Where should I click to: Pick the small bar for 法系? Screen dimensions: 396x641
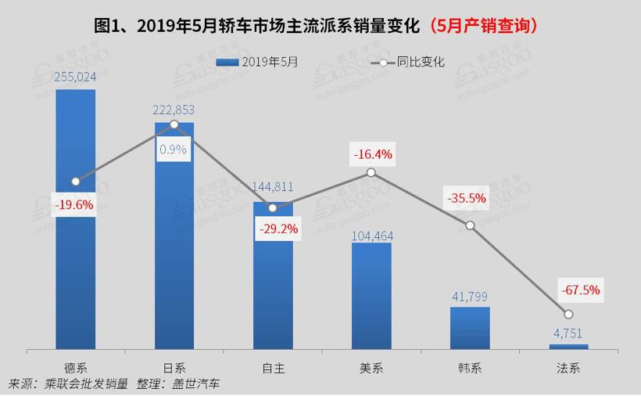point(568,346)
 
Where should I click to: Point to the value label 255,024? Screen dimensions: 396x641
point(76,77)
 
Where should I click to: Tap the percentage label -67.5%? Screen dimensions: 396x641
point(580,290)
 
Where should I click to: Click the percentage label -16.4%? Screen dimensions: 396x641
point(372,154)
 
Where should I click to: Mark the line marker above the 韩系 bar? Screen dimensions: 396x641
point(470,225)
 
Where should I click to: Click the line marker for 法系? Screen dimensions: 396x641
point(568,315)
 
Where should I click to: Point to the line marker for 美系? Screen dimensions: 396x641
point(371,172)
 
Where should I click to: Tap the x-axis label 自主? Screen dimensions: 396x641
point(273,367)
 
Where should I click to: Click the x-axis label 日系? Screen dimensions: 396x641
point(174,367)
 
